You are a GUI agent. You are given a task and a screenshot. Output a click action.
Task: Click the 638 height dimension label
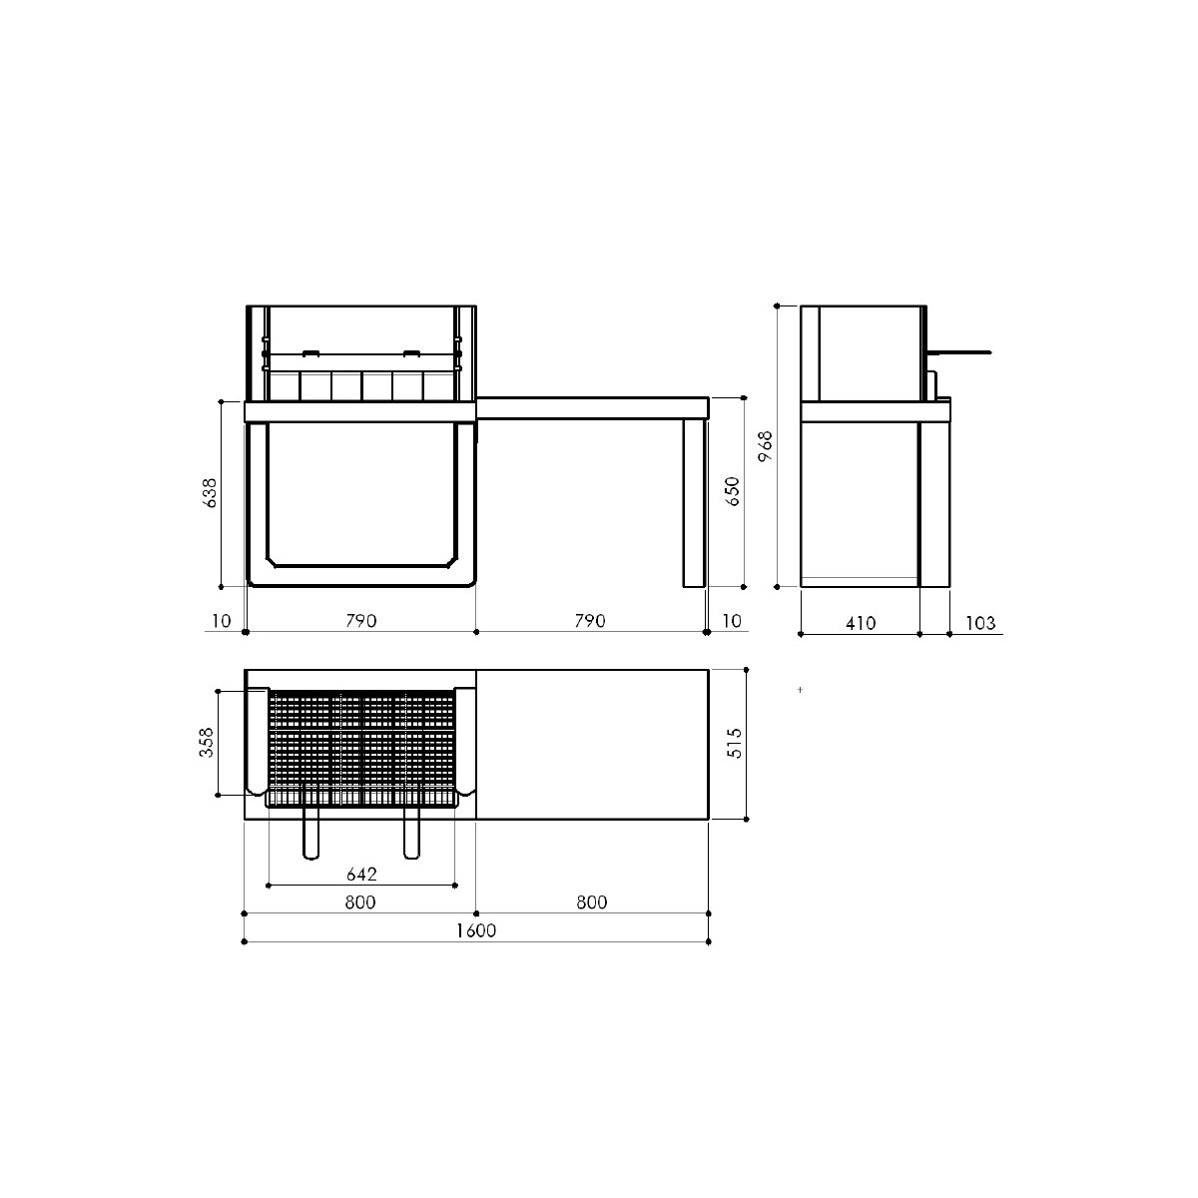coord(211,493)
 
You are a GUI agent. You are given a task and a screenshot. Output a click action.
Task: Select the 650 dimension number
coord(733,491)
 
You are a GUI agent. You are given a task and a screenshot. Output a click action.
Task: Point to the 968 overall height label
coord(766,445)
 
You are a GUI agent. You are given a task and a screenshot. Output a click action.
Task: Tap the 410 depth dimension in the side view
coord(861,623)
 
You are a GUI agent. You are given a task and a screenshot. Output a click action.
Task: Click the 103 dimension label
coord(980,623)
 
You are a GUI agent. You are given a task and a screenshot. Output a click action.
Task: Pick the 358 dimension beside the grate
coord(206,743)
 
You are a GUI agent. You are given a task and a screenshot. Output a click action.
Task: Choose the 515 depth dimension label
coord(734,743)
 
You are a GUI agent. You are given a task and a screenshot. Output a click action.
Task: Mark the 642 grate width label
coord(361,875)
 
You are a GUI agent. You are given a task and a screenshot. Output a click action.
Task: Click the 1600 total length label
coord(476,930)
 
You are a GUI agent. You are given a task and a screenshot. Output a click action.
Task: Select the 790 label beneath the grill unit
coord(361,620)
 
